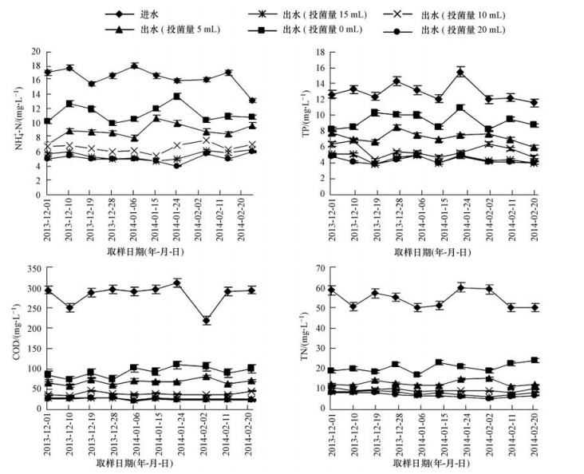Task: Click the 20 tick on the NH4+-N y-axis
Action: pos(35,52)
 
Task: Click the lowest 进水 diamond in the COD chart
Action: pos(207,321)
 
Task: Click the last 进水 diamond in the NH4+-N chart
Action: pos(252,101)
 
